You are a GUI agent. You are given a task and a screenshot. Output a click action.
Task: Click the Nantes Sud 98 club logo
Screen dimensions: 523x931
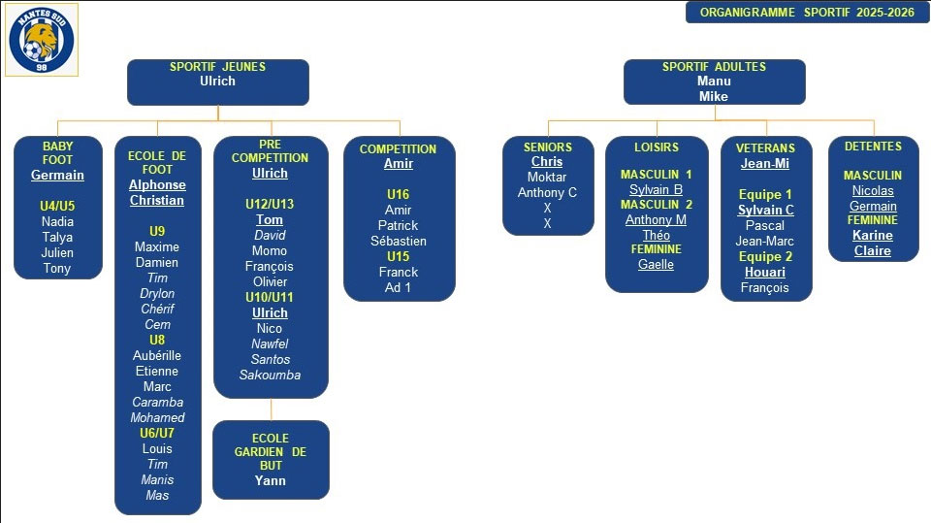point(41,40)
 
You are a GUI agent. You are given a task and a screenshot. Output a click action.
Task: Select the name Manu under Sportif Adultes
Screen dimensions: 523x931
point(714,82)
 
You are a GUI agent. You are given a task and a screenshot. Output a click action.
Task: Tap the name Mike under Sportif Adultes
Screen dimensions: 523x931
point(714,96)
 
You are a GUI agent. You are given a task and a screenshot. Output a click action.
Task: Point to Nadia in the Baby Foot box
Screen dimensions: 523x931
point(57,221)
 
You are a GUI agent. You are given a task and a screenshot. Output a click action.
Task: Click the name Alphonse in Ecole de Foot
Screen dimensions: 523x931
point(157,184)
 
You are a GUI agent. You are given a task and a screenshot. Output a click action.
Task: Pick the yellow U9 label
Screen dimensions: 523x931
point(157,231)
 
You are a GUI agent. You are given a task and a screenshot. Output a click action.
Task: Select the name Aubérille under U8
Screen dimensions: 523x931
point(157,355)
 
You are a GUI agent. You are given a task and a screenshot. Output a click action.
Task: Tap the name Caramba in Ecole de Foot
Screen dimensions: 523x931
point(157,402)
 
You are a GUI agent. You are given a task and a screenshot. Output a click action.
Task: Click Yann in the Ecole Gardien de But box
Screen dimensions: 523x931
point(271,480)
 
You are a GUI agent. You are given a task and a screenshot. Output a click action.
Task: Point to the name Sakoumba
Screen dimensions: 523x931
point(271,375)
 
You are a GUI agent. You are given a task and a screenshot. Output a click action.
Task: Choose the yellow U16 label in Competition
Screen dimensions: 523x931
point(399,194)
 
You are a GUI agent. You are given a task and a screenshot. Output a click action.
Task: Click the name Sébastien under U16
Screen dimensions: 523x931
point(399,241)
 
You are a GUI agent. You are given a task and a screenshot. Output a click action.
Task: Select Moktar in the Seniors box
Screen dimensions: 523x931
point(547,177)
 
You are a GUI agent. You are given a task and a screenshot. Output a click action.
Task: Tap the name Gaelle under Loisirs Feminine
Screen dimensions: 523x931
point(656,264)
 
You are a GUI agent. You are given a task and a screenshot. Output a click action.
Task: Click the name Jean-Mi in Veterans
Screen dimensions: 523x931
point(765,163)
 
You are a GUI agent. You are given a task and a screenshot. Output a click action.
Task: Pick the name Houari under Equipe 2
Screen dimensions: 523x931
point(765,272)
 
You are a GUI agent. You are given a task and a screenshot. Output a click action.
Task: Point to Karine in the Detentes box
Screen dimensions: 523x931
point(873,235)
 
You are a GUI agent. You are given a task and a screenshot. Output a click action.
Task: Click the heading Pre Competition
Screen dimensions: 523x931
point(271,149)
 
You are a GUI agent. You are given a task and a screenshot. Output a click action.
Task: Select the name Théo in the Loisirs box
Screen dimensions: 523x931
point(656,235)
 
